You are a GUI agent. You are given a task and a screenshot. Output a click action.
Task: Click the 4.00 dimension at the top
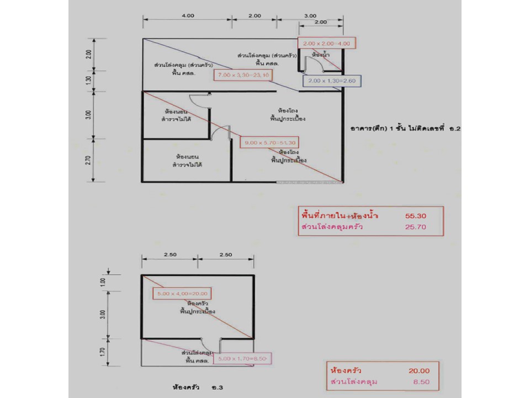pos(188,16)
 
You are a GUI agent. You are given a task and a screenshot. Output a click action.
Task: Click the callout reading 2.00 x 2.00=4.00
pos(327,43)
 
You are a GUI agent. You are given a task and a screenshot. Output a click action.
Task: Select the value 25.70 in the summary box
pos(416,227)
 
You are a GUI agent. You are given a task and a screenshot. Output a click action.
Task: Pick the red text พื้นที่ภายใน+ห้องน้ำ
pos(341,214)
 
